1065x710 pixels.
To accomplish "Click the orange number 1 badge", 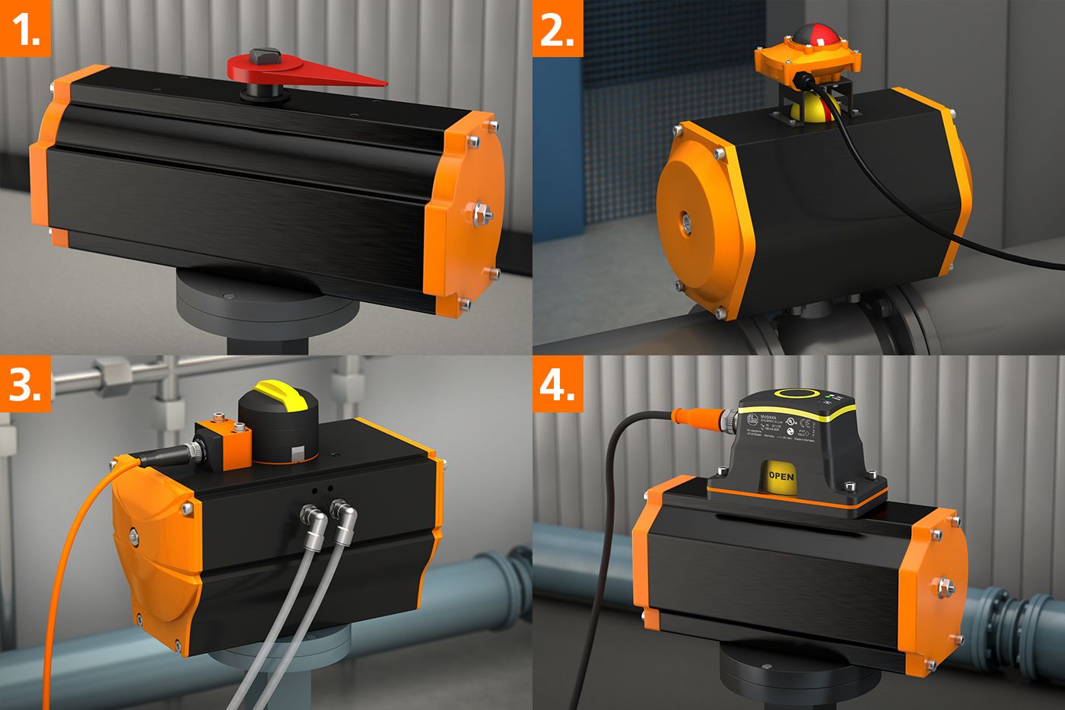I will point(25,28).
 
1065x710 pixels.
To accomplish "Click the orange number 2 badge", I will point(558,28).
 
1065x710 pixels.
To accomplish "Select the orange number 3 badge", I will point(25,384).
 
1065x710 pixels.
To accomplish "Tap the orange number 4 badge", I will point(558,384).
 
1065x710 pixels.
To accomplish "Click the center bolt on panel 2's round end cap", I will point(685,221).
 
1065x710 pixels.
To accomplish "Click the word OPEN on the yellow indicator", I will point(780,476).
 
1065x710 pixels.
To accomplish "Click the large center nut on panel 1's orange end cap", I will point(480,214).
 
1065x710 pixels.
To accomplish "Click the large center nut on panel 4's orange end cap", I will point(946,587).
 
